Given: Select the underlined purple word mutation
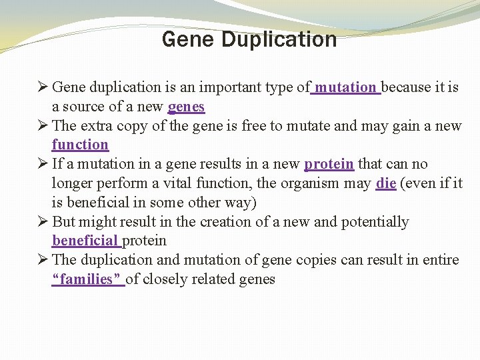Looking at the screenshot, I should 345,87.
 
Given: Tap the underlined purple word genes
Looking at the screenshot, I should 187,107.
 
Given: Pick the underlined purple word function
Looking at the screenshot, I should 80,145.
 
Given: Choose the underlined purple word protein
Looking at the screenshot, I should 329,164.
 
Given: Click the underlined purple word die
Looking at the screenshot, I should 386,183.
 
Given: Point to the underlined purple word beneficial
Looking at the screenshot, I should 85,241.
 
